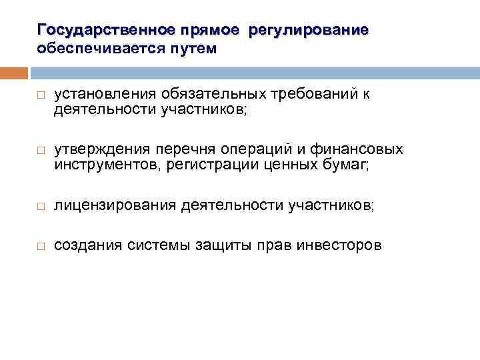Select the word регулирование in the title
tap(309, 31)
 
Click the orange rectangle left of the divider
tap(14, 73)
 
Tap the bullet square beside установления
tap(41, 96)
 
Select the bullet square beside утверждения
tap(41, 151)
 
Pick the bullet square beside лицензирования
tap(41, 208)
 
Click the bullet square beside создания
tap(41, 246)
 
